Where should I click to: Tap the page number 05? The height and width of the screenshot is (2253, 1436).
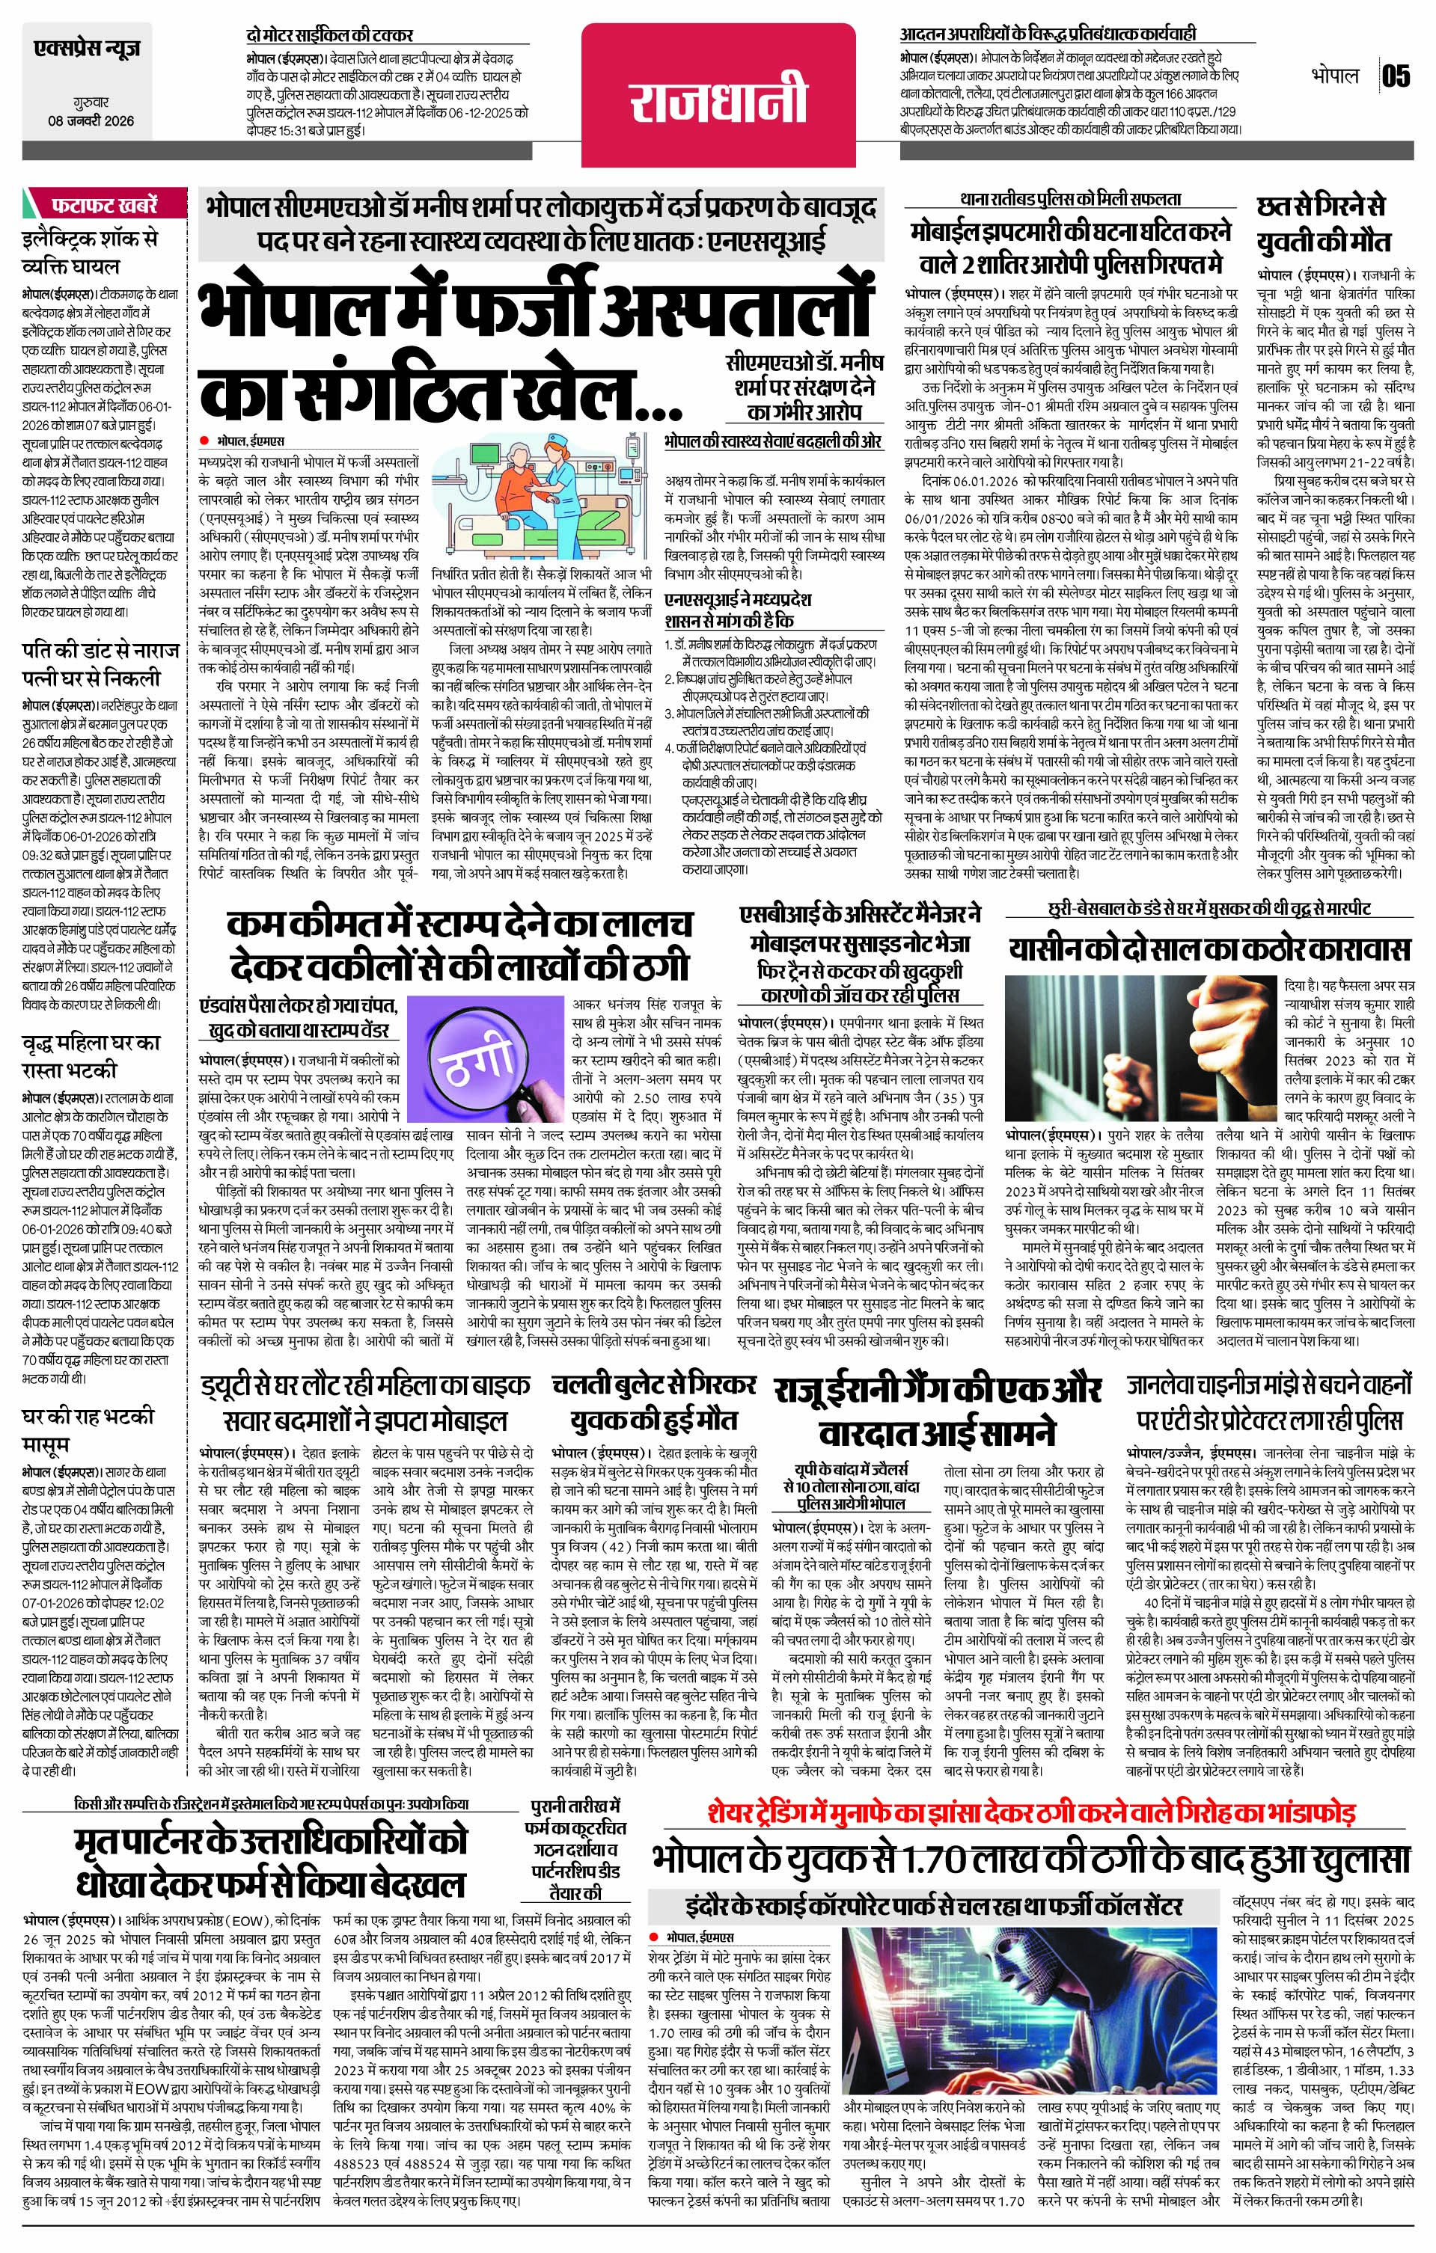click(x=1395, y=76)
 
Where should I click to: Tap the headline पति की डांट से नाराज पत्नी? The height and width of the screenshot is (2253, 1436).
click(x=92, y=663)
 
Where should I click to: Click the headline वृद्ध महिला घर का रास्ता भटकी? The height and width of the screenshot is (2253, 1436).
click(x=92, y=1055)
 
